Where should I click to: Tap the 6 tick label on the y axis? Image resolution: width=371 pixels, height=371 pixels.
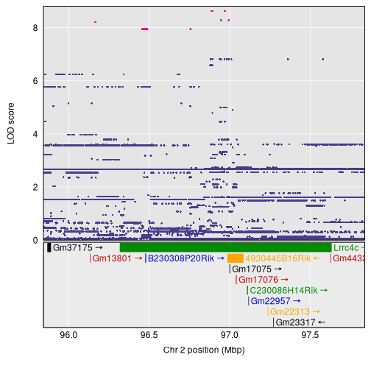click(35, 81)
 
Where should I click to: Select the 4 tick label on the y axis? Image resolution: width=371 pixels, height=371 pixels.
click(35, 134)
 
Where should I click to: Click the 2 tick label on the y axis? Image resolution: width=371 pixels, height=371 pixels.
click(35, 187)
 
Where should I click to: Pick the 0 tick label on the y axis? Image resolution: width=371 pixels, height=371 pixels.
click(35, 240)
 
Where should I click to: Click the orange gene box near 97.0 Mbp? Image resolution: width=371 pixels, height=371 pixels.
click(235, 258)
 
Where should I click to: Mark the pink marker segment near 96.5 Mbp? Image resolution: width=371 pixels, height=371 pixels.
click(145, 29)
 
